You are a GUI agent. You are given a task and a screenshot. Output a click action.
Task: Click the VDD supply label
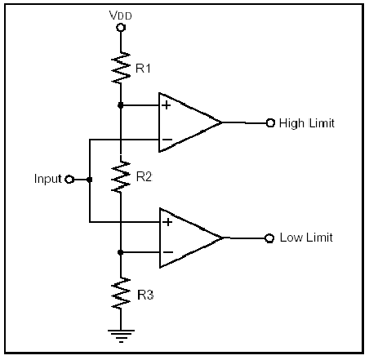[120, 16]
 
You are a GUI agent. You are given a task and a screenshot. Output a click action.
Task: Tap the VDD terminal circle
[121, 28]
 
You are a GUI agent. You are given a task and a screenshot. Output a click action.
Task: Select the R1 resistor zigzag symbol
[121, 67]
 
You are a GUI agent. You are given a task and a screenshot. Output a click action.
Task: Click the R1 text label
[143, 69]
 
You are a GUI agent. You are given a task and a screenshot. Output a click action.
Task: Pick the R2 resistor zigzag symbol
[121, 176]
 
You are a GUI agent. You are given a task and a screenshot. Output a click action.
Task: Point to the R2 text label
[144, 177]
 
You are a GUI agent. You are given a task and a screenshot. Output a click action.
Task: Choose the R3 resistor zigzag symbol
[121, 293]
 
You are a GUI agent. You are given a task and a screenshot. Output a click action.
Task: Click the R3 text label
[145, 295]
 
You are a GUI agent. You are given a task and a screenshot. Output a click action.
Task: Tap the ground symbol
[121, 336]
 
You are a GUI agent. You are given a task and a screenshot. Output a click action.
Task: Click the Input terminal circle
[70, 180]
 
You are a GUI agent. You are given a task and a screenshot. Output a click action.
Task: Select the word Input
[48, 179]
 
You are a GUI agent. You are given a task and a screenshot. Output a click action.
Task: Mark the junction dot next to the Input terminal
[89, 180]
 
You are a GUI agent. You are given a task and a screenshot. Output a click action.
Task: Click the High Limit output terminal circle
[270, 123]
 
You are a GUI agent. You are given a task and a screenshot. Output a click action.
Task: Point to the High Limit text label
[307, 123]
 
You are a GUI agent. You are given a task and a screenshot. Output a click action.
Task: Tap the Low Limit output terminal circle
[269, 238]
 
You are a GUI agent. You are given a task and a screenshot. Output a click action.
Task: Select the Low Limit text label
[306, 238]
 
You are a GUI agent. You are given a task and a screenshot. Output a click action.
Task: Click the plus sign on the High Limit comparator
[167, 105]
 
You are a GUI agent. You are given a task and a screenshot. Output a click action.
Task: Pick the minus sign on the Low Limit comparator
[167, 252]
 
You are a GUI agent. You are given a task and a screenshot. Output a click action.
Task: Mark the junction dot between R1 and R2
[121, 105]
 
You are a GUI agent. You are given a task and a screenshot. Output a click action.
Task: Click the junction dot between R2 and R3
[121, 252]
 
